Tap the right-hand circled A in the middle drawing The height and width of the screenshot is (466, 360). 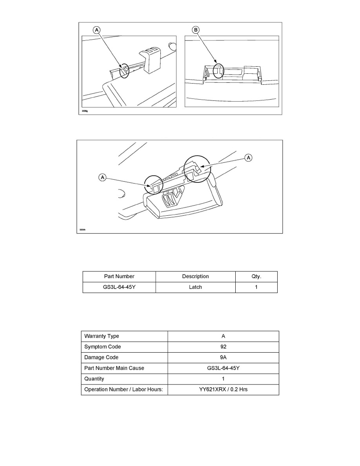pos(248,157)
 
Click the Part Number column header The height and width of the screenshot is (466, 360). pos(119,277)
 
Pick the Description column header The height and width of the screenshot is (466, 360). pos(195,277)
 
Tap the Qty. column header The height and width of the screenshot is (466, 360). pos(256,277)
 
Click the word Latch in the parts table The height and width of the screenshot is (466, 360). pos(195,287)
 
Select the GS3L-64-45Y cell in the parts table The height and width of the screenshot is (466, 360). pos(119,287)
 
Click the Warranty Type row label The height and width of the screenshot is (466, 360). pos(102,336)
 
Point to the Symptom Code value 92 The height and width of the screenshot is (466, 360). pos(223,347)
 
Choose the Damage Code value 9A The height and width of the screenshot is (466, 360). pos(223,357)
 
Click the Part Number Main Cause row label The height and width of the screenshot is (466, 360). pos(114,368)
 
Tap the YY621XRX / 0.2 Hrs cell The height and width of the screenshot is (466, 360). pos(223,390)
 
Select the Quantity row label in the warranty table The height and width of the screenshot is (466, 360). pos(95,379)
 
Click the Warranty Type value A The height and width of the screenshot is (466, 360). pos(223,336)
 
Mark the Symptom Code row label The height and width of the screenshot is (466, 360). pos(103,347)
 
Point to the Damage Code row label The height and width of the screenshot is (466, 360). pos(101,357)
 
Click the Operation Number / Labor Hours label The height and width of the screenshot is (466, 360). pos(124,390)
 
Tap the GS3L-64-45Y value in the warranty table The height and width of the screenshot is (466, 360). pos(223,368)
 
